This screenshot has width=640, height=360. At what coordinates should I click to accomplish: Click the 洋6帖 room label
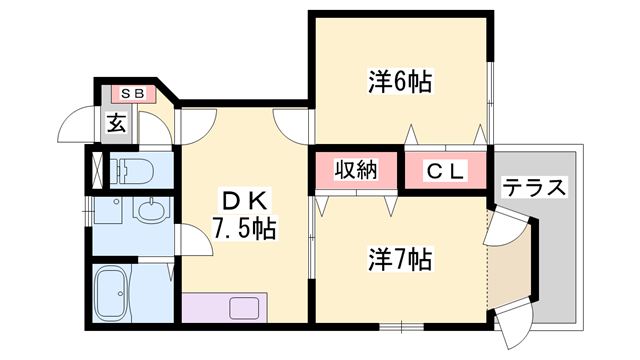point(400,83)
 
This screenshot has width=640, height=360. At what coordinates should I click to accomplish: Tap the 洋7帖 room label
point(400,259)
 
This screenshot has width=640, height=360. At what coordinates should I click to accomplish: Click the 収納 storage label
point(354,170)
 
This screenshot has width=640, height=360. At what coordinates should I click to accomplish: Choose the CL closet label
point(445,171)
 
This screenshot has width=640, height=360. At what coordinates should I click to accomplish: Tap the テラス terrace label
point(534,187)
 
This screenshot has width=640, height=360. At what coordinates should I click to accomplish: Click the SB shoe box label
point(133,94)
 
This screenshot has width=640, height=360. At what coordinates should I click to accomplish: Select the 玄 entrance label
point(116,124)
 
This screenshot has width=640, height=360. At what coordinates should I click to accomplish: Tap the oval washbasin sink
point(151,211)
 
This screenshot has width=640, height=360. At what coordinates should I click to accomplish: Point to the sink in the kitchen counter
point(246,306)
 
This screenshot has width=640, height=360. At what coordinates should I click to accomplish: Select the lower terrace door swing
point(512,323)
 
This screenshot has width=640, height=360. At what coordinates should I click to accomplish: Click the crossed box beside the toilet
point(96,169)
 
